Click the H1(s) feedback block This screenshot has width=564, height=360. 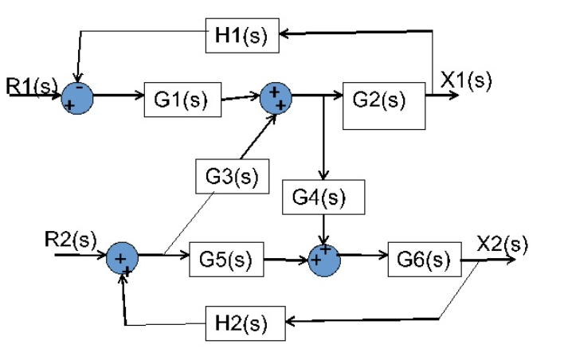point(242,35)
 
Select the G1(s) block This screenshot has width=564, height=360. point(182,99)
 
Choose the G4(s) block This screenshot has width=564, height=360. point(323,197)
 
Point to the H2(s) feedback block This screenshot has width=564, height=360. point(242,323)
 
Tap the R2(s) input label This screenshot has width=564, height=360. point(70,239)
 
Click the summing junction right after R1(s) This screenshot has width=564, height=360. point(77,97)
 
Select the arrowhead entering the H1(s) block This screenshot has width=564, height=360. point(285,33)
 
